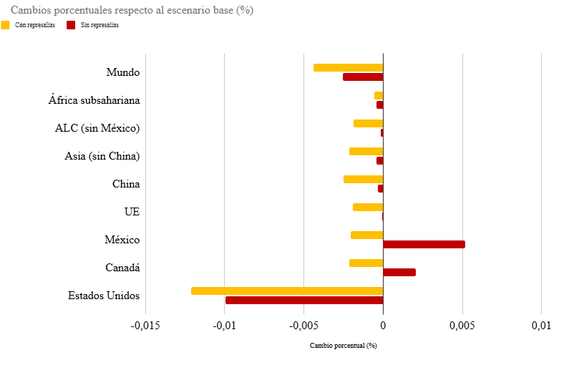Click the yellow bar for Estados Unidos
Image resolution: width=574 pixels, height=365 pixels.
click(287, 291)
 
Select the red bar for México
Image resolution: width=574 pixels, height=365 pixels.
click(424, 244)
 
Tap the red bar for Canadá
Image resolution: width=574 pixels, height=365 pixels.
click(399, 272)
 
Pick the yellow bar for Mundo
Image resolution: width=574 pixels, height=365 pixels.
click(348, 67)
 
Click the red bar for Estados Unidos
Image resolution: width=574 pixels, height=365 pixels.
click(304, 300)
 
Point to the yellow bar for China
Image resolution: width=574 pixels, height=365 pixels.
click(363, 179)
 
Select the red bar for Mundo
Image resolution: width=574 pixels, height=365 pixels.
click(363, 77)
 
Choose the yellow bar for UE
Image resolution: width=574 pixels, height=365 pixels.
click(368, 207)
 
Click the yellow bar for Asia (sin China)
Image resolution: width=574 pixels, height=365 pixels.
click(366, 151)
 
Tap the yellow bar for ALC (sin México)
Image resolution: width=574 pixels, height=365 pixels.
click(368, 123)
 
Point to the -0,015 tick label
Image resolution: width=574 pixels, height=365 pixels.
click(145, 326)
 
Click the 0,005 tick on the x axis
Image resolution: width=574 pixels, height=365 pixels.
click(462, 326)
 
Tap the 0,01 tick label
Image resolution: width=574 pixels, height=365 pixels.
click(541, 326)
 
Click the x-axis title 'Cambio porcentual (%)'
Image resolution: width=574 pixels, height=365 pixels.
click(343, 346)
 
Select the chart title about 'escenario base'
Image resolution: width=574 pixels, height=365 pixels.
click(132, 10)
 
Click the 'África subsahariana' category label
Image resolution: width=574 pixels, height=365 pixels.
click(94, 100)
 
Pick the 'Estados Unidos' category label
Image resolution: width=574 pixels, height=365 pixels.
click(104, 296)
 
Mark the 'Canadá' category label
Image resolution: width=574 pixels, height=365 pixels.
click(122, 268)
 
